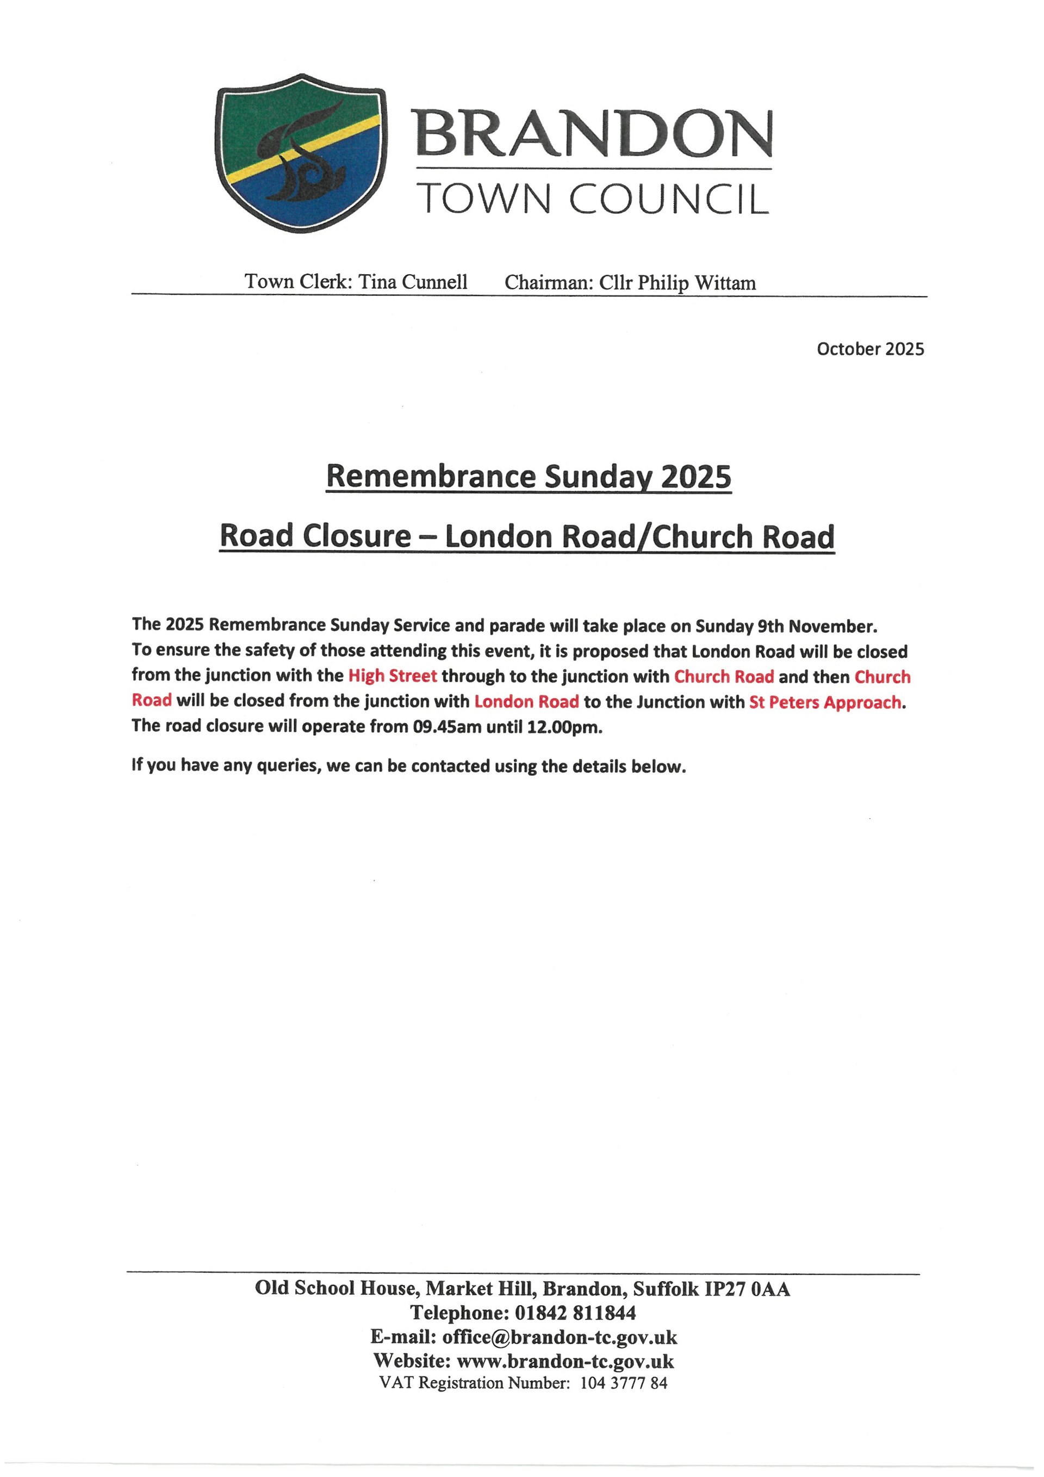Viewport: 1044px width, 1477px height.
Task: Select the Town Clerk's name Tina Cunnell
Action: click(413, 282)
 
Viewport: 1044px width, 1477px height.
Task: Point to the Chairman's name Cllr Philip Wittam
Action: click(678, 283)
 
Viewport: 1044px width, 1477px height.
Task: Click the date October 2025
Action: click(870, 349)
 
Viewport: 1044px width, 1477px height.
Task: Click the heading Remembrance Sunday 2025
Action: click(529, 477)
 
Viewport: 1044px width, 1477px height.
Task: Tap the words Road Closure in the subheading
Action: click(315, 536)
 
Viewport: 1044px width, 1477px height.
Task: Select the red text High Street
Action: click(392, 676)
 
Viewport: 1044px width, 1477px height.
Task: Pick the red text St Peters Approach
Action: click(825, 702)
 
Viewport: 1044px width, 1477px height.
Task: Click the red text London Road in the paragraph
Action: click(526, 701)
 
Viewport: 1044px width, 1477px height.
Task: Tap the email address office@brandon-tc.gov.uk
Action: click(560, 1337)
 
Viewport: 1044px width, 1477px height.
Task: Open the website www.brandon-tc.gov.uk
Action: click(565, 1361)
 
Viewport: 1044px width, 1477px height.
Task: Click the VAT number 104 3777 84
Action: click(624, 1383)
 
